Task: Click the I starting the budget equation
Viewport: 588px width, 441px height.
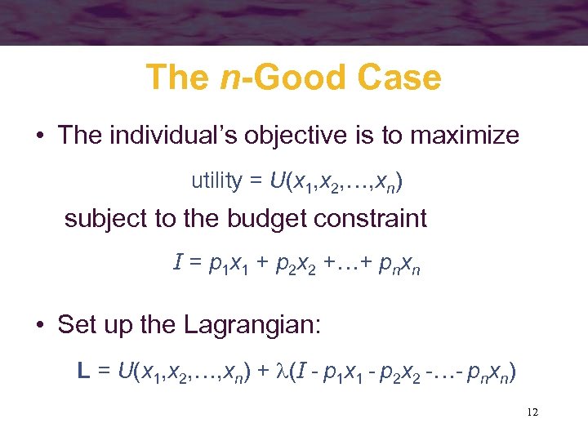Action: [178, 263]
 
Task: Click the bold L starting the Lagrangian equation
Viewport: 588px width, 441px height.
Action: [82, 372]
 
